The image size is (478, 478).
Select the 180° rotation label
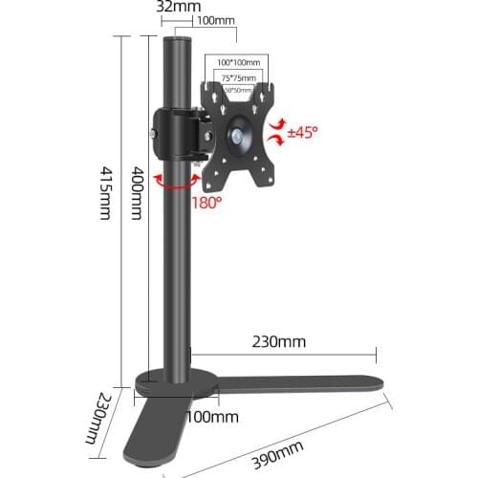click(x=207, y=203)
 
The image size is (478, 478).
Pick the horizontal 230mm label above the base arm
click(x=279, y=339)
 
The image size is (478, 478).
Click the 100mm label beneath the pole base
click(x=212, y=417)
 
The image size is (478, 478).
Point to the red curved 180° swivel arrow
click(x=170, y=184)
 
